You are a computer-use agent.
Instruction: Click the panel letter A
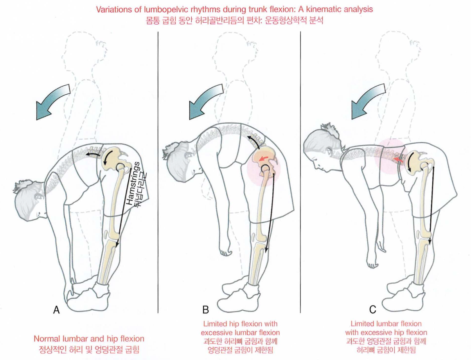[x=56, y=310]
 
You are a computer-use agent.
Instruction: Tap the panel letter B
[x=205, y=310]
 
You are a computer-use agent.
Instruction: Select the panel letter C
[x=372, y=310]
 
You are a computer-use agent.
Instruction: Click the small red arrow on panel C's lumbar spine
[x=399, y=160]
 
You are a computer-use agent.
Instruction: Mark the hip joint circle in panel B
[x=266, y=169]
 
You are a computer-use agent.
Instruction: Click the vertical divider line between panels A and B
[x=158, y=172]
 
